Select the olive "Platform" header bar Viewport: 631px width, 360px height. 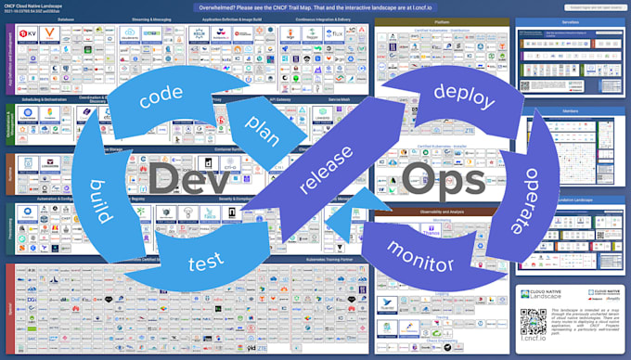[x=442, y=21]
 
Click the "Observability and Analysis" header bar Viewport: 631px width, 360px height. [x=442, y=212]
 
